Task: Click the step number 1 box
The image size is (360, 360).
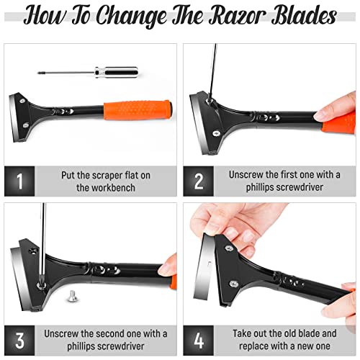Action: pos(19,181)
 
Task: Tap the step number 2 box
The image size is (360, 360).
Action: pos(197,181)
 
